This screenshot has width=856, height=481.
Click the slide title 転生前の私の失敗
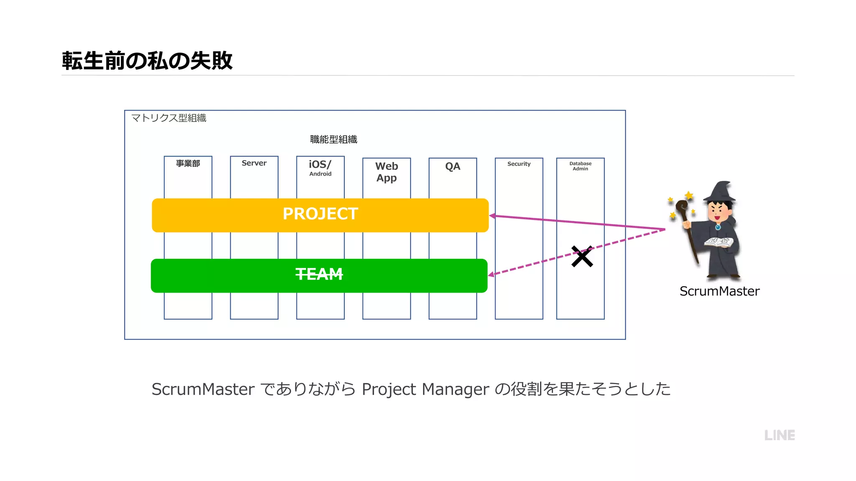[x=147, y=61]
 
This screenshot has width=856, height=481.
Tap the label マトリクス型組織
[x=169, y=118]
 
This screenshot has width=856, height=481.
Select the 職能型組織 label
[x=334, y=139]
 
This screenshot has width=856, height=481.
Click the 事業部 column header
[x=188, y=163]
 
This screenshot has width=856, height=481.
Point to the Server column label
[x=254, y=163]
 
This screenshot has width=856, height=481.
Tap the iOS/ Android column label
[x=320, y=168]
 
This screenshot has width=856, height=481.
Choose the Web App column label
[x=387, y=172]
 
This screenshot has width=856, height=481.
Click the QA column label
[x=453, y=166]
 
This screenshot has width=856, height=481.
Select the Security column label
[x=519, y=164]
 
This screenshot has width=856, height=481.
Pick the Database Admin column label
[x=580, y=166]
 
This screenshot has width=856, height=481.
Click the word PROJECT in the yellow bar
[x=320, y=214]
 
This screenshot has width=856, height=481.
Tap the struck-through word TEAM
[x=319, y=274]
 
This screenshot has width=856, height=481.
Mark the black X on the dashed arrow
[x=582, y=256]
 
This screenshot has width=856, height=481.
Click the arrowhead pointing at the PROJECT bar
[x=492, y=216]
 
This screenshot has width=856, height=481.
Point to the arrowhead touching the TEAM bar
[x=492, y=274]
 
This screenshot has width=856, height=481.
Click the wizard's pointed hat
[x=721, y=192]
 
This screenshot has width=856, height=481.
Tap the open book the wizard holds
[x=718, y=242]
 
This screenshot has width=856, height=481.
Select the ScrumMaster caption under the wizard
[x=719, y=291]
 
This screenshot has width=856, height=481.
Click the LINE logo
[x=780, y=435]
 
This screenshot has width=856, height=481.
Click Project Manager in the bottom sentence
[x=425, y=389]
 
